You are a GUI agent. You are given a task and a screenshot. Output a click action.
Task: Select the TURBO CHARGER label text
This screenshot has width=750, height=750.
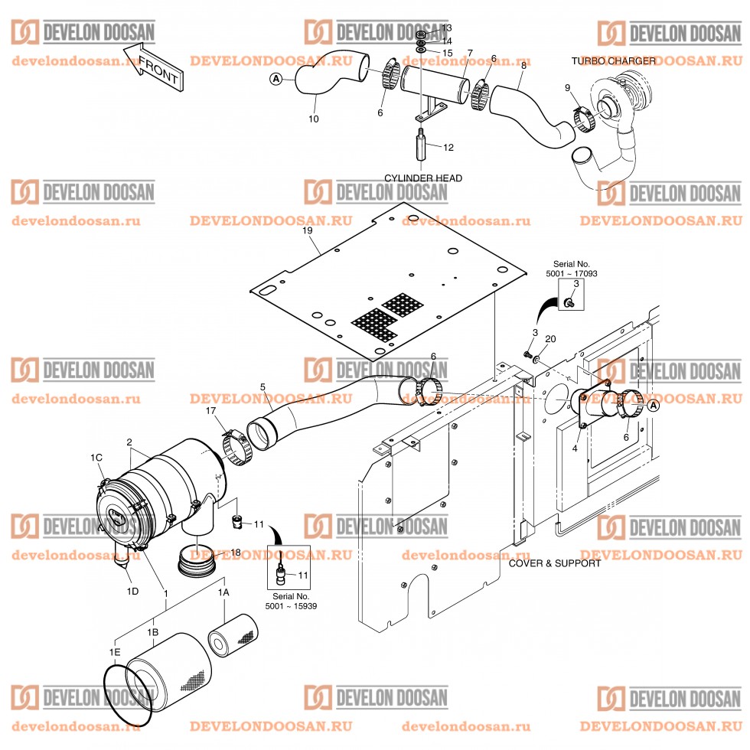pos(613,60)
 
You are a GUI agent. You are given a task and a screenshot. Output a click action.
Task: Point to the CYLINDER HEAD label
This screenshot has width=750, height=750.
pos(422,178)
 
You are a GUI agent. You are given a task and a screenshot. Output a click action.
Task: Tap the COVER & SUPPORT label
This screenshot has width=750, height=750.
pos(555,563)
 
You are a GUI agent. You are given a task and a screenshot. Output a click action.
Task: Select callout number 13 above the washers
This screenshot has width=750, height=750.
pos(447,28)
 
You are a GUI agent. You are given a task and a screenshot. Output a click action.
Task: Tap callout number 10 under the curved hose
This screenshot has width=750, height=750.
pos(313,119)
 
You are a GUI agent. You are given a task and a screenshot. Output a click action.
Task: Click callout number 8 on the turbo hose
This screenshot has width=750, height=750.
pos(523,66)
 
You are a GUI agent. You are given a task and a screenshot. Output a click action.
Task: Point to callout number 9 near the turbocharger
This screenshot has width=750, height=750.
pos(567,88)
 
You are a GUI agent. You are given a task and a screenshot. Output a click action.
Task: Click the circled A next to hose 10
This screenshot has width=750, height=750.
pos(276,78)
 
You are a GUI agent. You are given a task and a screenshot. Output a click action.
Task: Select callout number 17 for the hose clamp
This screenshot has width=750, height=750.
pos(210,411)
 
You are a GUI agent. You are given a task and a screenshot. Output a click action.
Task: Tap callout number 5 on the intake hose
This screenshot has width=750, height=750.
pos(262,387)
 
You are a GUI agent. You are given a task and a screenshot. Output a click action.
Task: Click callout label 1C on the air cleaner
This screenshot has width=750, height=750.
pos(96,457)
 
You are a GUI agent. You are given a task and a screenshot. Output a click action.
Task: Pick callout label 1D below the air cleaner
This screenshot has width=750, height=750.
pos(132,592)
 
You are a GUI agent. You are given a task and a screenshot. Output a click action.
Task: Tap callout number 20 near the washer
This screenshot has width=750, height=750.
pos(550,338)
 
